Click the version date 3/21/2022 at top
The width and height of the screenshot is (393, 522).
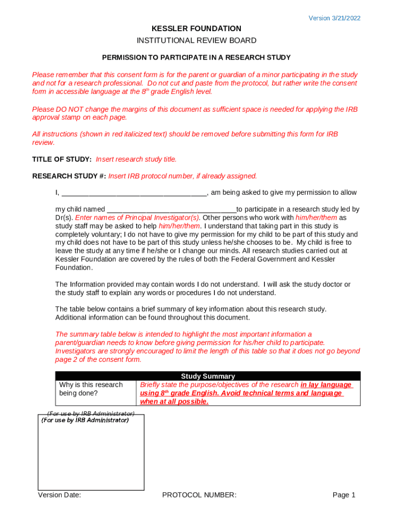point(334,18)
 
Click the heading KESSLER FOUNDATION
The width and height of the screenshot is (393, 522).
point(196,29)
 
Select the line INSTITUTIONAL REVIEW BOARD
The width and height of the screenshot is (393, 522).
point(196,40)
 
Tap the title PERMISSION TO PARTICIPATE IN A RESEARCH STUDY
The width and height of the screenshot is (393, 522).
point(196,57)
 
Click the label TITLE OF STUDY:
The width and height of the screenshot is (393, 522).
point(62,159)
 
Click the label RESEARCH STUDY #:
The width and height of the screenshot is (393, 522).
point(69,176)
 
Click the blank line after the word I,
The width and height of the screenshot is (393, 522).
point(134,193)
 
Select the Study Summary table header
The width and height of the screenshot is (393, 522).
point(208,376)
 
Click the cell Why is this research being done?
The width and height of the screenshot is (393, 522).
point(91,389)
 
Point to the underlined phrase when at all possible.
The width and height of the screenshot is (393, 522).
point(175,402)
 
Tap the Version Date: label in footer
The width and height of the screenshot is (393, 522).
point(59,495)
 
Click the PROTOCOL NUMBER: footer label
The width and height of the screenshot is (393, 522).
point(199,495)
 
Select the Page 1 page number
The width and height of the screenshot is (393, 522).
point(343,495)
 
